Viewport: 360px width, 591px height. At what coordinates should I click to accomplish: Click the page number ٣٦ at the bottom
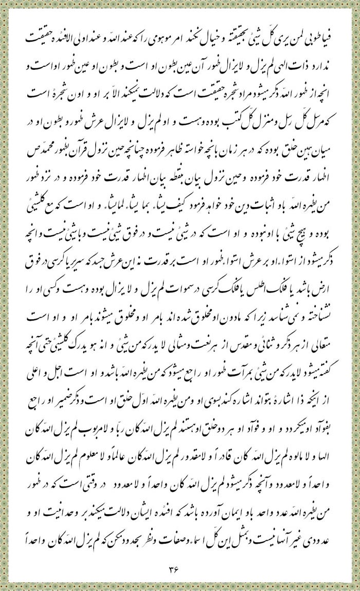179,567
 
